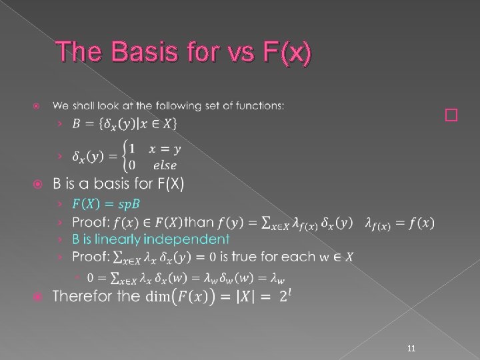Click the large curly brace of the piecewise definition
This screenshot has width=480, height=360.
118,157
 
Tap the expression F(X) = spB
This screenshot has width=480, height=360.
101,203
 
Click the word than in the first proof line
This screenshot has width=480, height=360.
199,221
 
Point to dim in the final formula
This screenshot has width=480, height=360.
158,296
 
